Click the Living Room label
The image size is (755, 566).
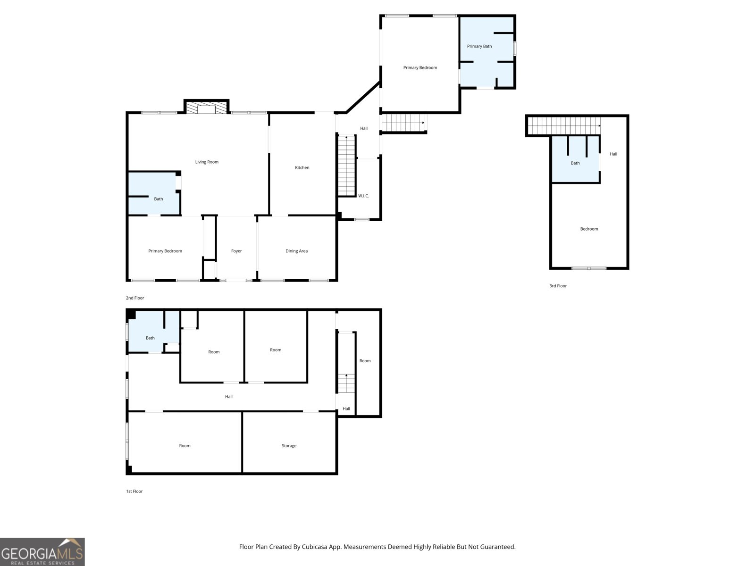207,162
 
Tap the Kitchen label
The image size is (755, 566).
302,167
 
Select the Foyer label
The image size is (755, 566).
236,251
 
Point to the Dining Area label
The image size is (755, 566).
296,251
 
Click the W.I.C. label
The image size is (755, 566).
363,196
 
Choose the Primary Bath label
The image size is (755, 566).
479,46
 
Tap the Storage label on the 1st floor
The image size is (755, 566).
289,446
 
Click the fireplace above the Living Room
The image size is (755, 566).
206,107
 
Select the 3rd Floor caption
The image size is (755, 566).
558,285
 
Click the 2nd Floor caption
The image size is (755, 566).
135,298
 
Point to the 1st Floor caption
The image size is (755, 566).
134,491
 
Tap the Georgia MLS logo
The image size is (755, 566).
42,551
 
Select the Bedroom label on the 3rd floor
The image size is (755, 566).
589,229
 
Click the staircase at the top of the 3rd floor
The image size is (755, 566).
564,126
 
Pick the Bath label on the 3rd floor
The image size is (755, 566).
575,163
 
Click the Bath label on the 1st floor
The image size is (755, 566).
150,338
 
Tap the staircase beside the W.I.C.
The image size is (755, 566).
346,166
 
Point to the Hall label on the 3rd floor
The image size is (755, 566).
613,154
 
